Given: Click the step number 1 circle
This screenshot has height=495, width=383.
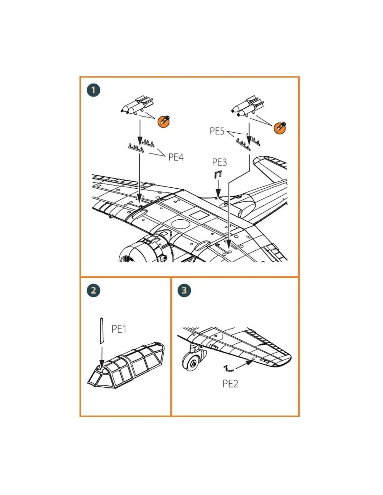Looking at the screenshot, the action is [x=93, y=90].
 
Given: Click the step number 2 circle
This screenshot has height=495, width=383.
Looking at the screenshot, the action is [x=93, y=290].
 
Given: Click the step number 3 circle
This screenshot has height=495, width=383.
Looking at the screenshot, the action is [x=184, y=290].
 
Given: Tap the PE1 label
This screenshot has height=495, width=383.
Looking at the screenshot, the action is [x=119, y=329].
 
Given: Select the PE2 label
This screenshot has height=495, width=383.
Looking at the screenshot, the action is [x=230, y=384].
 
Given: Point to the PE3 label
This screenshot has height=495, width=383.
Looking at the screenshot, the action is [x=219, y=162].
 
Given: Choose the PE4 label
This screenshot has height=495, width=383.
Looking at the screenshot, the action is [x=176, y=157].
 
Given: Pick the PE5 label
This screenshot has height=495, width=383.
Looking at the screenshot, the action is [x=217, y=131].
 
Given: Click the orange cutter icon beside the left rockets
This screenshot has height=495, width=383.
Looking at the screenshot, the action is [x=164, y=121].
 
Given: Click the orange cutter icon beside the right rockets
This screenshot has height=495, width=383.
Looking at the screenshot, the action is [x=280, y=128].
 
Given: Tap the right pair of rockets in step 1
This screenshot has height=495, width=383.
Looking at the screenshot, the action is [x=248, y=107].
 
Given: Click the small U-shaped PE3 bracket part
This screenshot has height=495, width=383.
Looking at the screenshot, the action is [x=218, y=175].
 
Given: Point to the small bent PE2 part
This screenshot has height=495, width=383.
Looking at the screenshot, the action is [x=228, y=368].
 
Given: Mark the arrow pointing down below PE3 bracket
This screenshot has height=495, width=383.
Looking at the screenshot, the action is [x=218, y=189].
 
